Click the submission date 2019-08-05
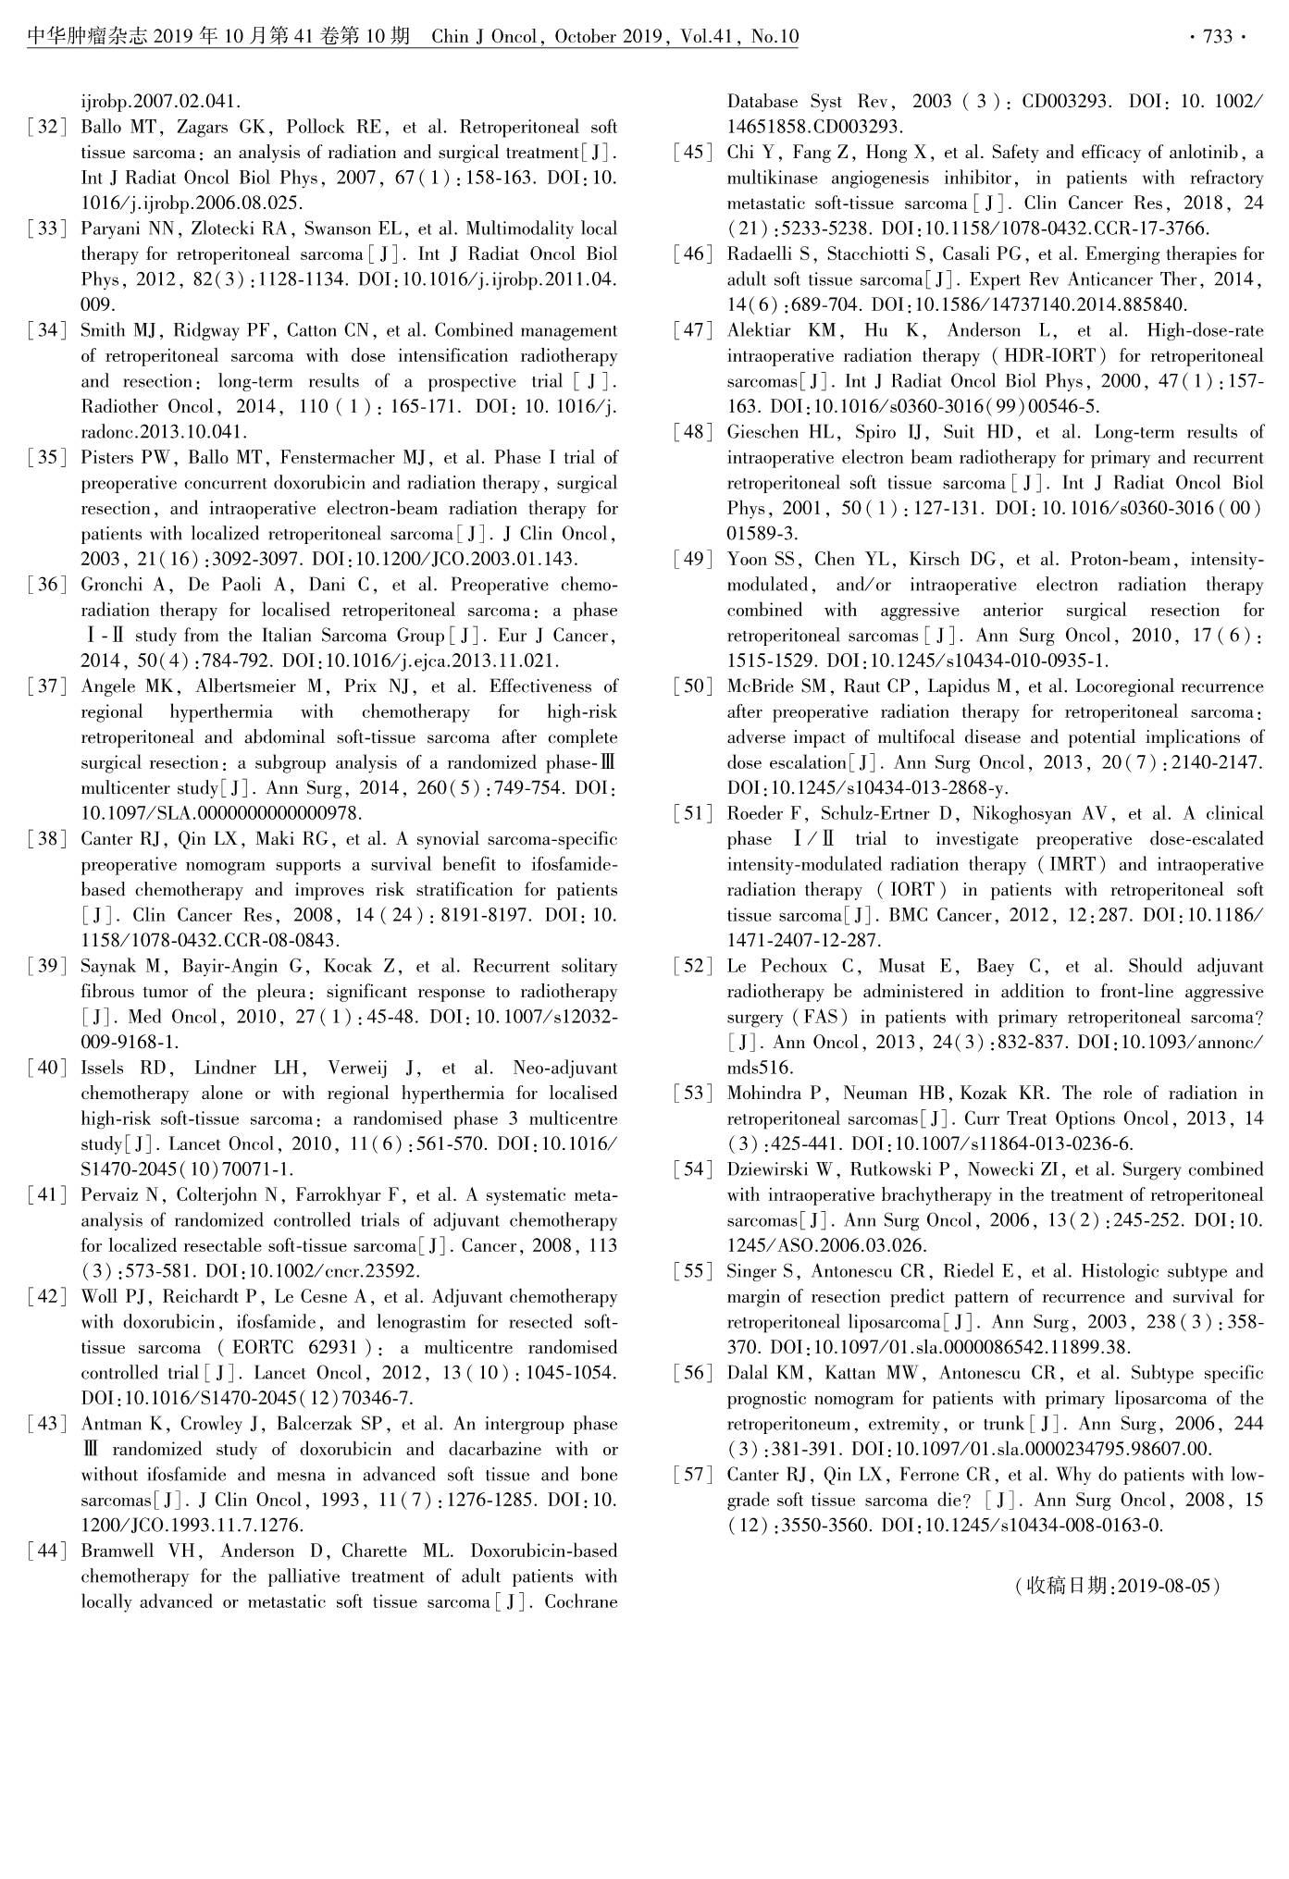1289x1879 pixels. tap(1164, 1586)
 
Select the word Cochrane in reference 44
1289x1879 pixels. tap(580, 1602)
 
